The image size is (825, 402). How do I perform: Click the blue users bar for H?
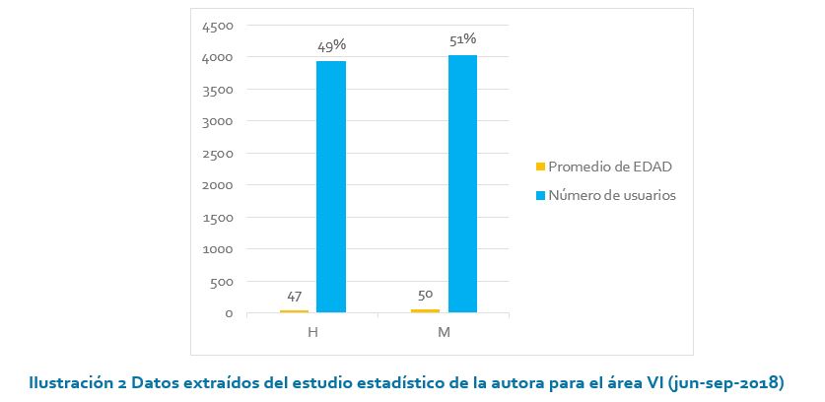click(331, 187)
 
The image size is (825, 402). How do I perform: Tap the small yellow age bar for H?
click(294, 311)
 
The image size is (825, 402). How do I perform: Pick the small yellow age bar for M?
click(425, 310)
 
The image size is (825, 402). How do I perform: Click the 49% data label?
click(331, 45)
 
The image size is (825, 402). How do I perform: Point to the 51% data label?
click(463, 39)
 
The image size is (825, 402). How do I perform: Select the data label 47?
click(294, 296)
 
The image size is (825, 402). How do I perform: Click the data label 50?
click(425, 294)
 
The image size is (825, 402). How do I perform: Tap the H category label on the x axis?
click(312, 332)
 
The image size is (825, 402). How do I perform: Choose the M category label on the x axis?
click(444, 332)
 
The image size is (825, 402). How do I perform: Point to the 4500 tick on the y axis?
click(218, 26)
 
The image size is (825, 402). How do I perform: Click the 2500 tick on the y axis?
click(218, 154)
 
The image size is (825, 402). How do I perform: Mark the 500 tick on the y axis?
click(222, 282)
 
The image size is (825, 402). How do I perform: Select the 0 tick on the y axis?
click(229, 313)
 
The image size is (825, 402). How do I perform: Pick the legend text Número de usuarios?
click(611, 195)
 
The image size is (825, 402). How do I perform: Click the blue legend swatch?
click(539, 195)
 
